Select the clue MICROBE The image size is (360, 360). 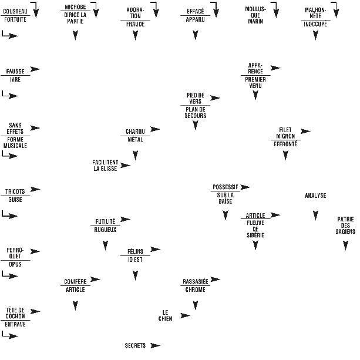click(75, 7)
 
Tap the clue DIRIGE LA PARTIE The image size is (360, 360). click(75, 18)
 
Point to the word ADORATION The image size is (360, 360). click(135, 13)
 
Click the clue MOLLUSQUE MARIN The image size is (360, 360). click(255, 15)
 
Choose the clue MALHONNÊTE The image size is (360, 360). click(315, 13)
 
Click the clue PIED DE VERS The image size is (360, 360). click(195, 97)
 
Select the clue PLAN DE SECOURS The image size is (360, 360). click(195, 112)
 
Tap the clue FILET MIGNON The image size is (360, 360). click(285, 133)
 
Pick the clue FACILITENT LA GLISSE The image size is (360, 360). click(105, 165)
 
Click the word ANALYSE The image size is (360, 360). click(315, 196)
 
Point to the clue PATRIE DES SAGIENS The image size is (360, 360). click(345, 226)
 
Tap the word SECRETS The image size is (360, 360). click(135, 345)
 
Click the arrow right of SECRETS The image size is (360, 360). click(155, 345)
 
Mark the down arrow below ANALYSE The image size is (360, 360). click(315, 216)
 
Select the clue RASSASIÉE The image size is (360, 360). click(195, 281)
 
